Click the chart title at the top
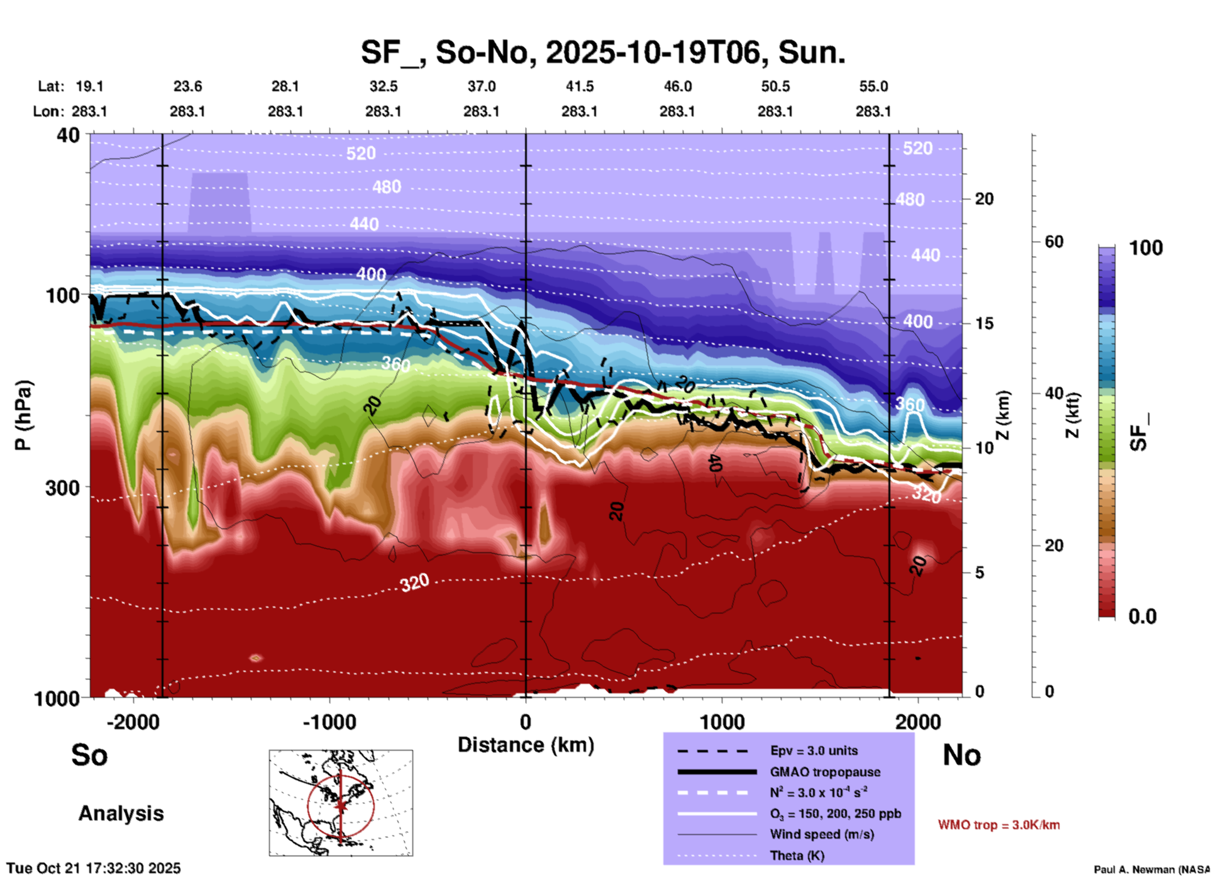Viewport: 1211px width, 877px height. tap(602, 52)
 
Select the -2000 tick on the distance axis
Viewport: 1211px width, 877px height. tap(133, 722)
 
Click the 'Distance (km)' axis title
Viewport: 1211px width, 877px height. tap(526, 745)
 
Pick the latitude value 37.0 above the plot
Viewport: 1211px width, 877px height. tap(481, 86)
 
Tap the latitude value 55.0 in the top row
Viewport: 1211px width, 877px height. tap(873, 86)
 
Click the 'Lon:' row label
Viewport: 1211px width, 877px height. tap(48, 111)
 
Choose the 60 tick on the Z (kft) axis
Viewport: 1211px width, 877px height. tap(1054, 242)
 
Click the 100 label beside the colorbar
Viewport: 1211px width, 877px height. tap(1146, 248)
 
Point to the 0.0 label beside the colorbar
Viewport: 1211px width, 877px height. tap(1142, 617)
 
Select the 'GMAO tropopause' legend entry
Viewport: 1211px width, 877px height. tap(825, 772)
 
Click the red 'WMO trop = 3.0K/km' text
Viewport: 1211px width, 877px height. tap(998, 825)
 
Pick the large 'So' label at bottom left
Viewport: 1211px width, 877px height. tap(89, 755)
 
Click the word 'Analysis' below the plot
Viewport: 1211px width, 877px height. tap(121, 813)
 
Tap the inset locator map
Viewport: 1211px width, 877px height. tap(341, 803)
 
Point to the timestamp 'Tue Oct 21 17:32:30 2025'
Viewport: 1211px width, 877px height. tap(94, 868)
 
